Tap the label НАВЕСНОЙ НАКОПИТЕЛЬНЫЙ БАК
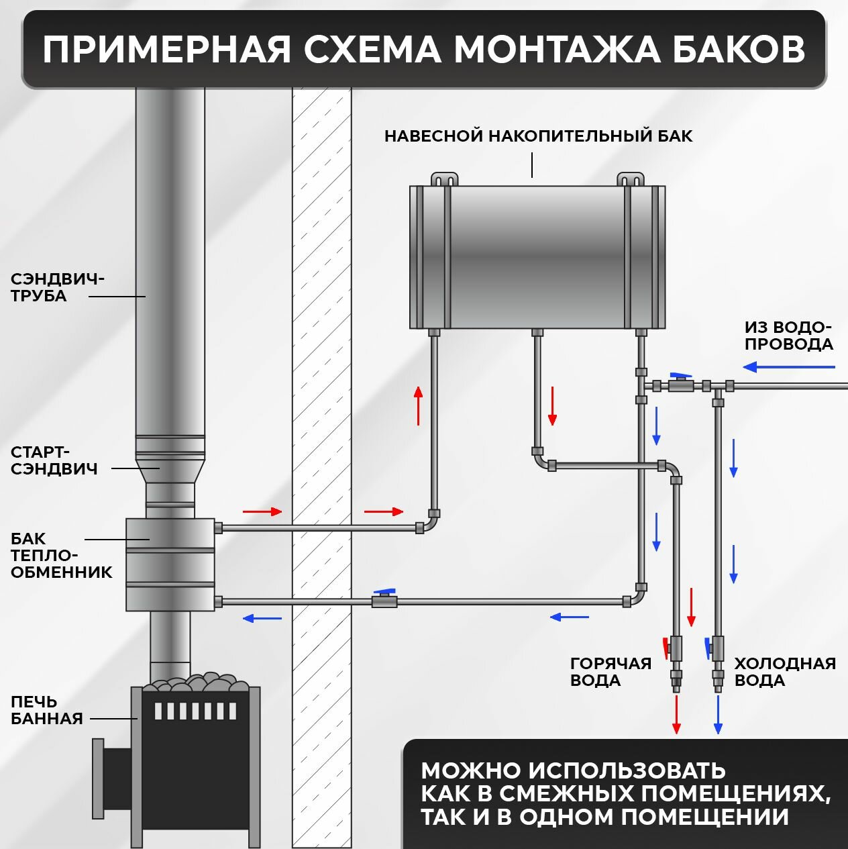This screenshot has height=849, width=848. (x=538, y=136)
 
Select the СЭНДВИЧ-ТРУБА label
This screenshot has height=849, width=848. (x=57, y=287)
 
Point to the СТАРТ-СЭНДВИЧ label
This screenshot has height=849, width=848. (x=54, y=460)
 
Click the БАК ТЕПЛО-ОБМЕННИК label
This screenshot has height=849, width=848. (x=61, y=556)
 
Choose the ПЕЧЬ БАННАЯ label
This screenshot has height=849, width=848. (x=46, y=710)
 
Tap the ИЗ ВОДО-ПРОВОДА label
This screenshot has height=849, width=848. (x=788, y=336)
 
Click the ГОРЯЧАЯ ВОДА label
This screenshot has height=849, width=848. (x=611, y=672)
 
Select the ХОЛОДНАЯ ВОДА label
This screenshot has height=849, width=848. (x=784, y=672)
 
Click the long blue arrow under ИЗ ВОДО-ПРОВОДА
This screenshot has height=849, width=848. (x=789, y=367)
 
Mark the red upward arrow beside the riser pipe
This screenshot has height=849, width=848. (x=419, y=405)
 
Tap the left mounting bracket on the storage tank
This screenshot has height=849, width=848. (x=444, y=179)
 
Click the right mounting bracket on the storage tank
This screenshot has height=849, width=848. (x=631, y=179)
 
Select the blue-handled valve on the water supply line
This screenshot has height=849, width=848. (x=680, y=385)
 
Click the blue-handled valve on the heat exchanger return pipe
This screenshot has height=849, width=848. (x=384, y=599)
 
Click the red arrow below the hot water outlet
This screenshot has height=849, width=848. (x=676, y=715)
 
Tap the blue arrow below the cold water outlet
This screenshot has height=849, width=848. (x=719, y=715)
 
